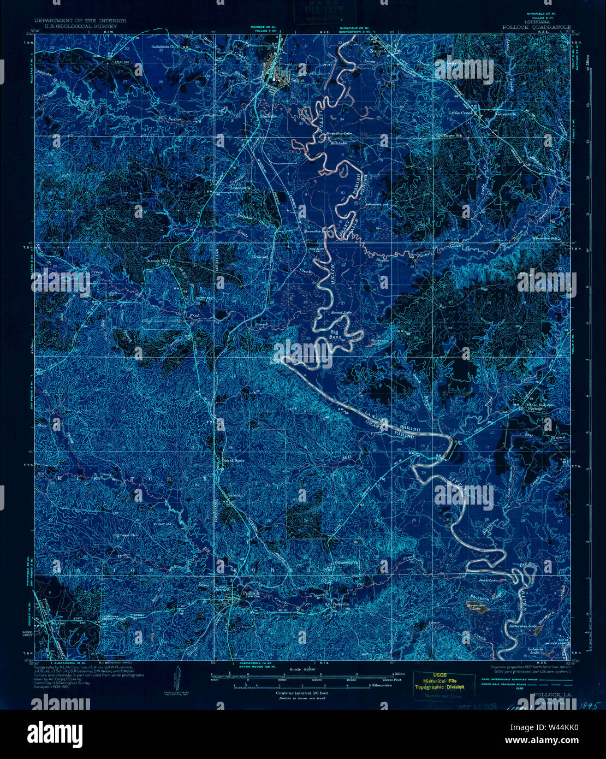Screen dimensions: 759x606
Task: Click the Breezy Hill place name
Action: coord(159,262)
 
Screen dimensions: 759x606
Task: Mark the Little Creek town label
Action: coord(460,113)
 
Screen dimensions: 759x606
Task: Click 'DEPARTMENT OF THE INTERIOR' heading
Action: coord(80,21)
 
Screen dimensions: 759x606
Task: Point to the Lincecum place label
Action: coord(240,188)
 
